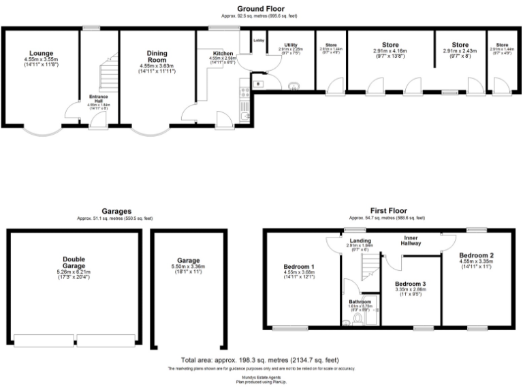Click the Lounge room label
(42, 52)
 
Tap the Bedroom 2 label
(476, 255)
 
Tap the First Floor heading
(387, 212)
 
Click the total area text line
(261, 359)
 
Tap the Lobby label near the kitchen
(259, 40)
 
